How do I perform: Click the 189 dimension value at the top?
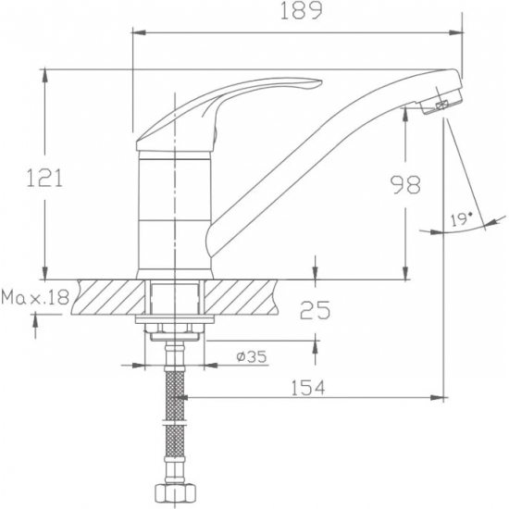tap(302, 12)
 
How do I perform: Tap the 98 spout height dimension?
tap(404, 185)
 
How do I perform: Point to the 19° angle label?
tap(460, 219)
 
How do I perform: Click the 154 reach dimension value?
tap(309, 389)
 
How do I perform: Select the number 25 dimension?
tap(315, 311)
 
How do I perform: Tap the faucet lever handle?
tap(231, 102)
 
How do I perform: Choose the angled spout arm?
tap(305, 157)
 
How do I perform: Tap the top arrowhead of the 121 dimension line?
tap(43, 74)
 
